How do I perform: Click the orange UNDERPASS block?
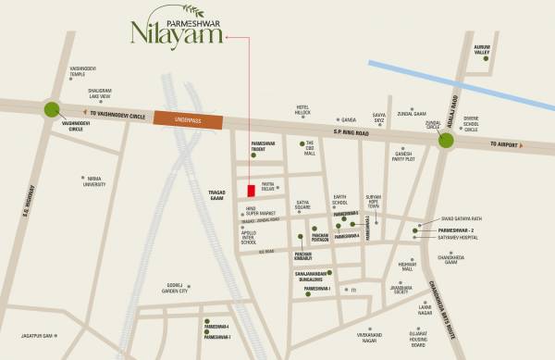point(188,119)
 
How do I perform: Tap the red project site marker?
point(251,191)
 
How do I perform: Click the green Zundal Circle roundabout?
point(447,140)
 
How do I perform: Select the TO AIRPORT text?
point(498,146)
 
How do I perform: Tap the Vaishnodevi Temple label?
point(90,71)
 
